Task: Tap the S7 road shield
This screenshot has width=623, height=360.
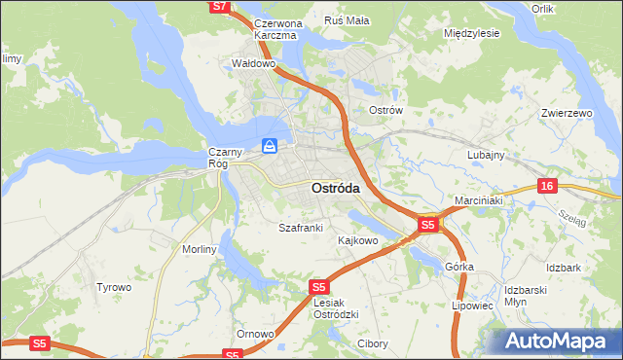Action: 220,7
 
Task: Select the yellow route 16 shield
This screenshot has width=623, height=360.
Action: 548,186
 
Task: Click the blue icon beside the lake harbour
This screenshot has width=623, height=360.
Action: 270,147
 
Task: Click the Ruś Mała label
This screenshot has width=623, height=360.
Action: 346,20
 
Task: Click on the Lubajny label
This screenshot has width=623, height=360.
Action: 485,155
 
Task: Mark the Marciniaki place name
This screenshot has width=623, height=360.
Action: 478,201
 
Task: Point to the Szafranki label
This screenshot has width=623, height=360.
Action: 300,228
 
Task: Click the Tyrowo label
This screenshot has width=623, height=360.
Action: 113,287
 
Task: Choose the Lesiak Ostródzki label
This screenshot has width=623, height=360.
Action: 338,307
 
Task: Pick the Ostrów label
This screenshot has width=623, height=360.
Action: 385,110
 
